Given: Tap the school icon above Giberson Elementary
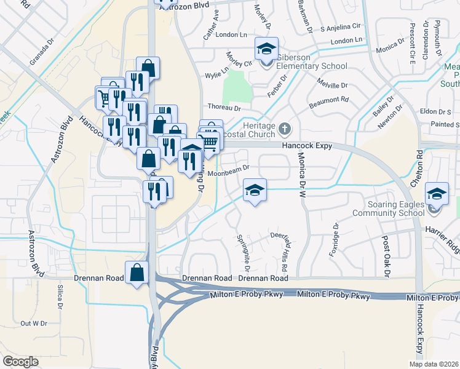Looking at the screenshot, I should point(267,49).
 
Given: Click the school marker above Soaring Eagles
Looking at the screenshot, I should point(437,194).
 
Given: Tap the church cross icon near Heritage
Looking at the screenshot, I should point(284,129).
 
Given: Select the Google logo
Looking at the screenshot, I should point(20,362).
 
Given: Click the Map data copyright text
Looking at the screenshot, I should point(433,364).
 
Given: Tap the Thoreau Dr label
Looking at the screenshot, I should point(223,107).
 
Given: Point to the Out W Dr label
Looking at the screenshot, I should point(34,323).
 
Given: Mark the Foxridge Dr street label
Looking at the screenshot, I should point(335,234).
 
